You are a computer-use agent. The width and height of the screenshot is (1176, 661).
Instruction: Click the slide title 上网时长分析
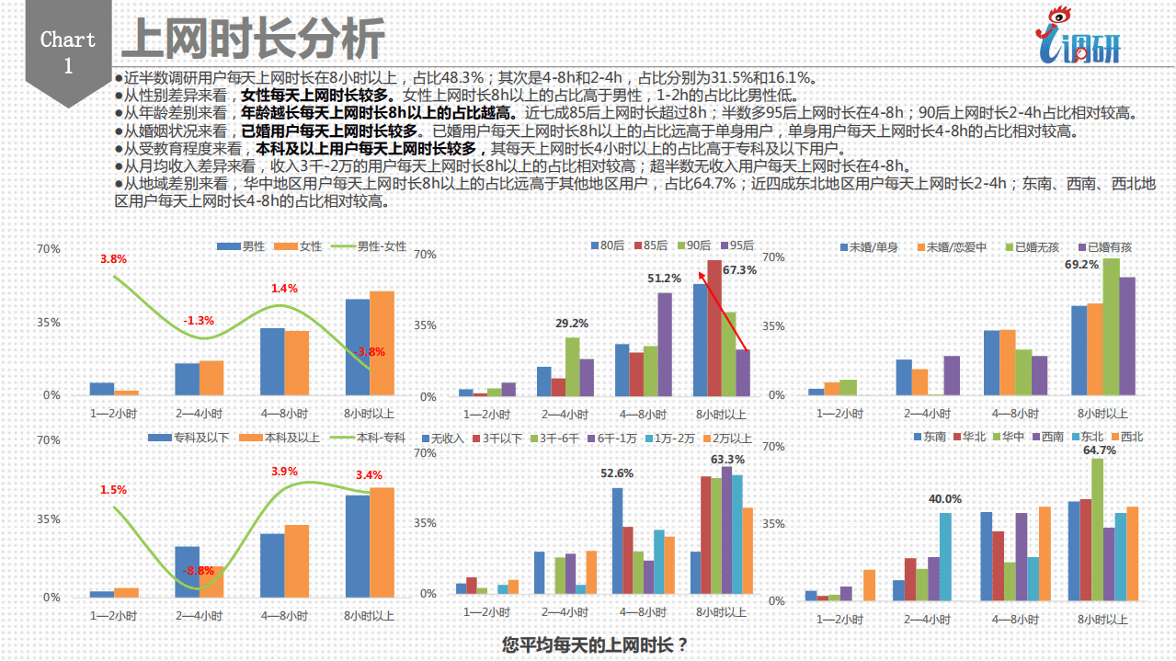coord(253,40)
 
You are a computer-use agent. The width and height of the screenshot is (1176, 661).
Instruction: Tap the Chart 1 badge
coord(68,52)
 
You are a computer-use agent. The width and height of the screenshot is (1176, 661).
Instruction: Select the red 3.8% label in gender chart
coord(113,259)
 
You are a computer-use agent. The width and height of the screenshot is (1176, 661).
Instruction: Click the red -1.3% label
coord(199,321)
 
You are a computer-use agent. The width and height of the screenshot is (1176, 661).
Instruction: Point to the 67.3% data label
coord(738,270)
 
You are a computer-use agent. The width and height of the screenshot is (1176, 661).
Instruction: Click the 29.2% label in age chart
coord(572,324)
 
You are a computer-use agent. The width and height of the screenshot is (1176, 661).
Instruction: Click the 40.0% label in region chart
coord(944,499)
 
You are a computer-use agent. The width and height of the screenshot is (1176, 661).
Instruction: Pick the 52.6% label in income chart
coord(617,473)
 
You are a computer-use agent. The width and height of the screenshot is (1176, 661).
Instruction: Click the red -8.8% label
coord(199,571)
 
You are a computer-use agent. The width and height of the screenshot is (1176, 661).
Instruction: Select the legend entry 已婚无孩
coord(1037,247)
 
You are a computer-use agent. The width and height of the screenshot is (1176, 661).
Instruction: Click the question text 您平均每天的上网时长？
coord(595,644)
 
